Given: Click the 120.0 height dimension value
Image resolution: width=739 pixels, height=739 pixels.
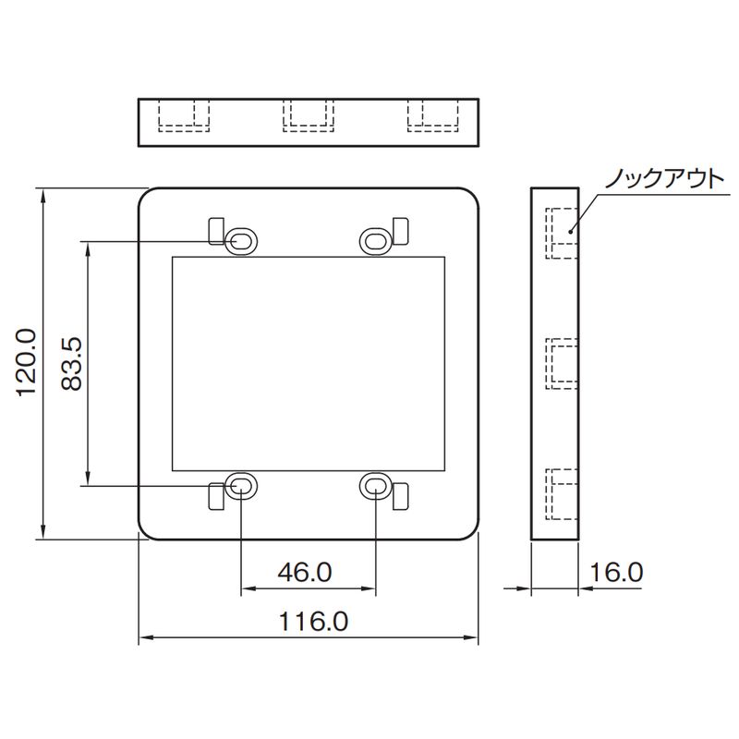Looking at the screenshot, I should point(25,362).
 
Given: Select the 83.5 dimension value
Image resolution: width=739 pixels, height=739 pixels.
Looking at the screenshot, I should point(74,362).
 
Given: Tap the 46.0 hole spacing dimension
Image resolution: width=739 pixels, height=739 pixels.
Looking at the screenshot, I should point(304,573).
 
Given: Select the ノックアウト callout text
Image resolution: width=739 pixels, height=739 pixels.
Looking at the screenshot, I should point(659,179).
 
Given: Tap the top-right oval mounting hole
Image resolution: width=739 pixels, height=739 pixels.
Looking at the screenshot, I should point(375,240).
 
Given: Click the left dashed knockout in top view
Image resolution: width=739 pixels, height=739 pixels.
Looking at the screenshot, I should point(184,115).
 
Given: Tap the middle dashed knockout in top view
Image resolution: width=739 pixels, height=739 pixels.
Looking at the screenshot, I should point(308,115).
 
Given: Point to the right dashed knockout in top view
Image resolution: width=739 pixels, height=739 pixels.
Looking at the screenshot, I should point(433,115).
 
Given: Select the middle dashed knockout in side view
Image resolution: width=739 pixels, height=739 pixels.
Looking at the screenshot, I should point(562,363).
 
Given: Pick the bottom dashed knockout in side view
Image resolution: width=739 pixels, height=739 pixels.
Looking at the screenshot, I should point(562,494).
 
